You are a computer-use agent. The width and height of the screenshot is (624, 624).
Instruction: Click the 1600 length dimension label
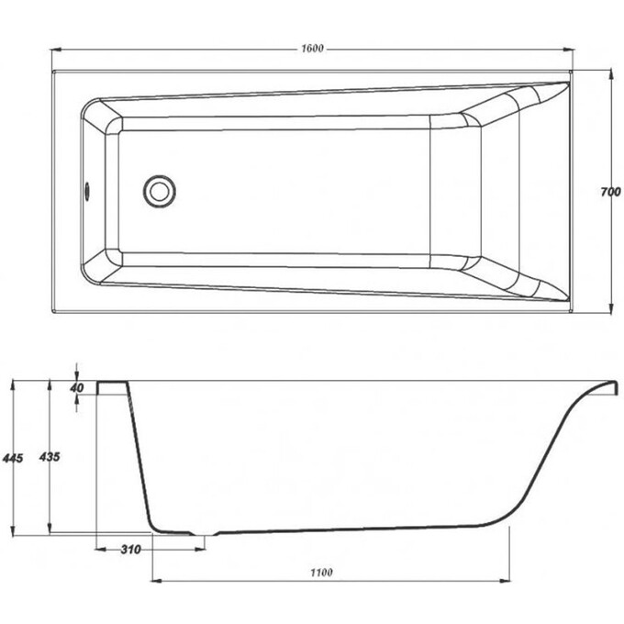tap(312, 49)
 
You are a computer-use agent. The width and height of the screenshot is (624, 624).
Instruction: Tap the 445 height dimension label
tap(13, 459)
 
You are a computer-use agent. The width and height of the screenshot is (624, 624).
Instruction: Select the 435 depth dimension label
tap(50, 457)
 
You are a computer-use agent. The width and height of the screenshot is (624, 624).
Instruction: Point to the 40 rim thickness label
tap(77, 387)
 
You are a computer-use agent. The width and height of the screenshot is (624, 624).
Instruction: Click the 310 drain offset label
tap(130, 550)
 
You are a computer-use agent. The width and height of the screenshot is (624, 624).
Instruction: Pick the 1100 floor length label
tap(321, 573)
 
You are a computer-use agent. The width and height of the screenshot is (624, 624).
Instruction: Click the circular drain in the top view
tap(159, 192)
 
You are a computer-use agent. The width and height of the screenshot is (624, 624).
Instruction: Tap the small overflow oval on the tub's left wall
tap(87, 191)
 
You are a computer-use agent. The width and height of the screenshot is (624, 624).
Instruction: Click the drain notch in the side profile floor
tap(205, 534)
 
